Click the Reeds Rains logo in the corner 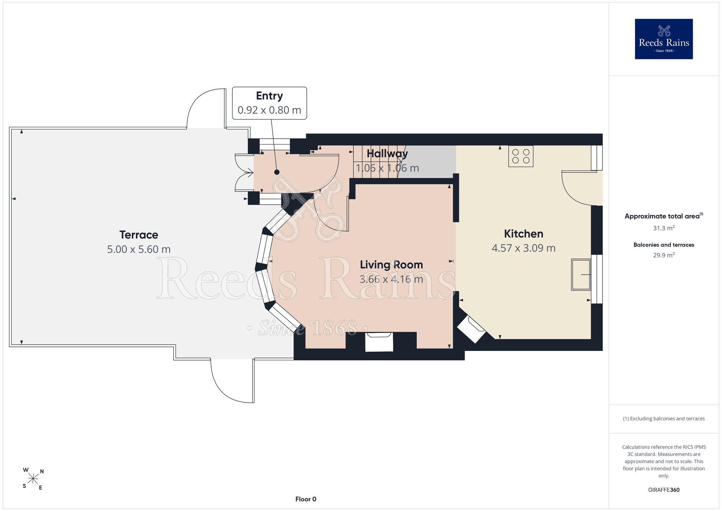pos(664,39)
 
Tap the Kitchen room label pos(523,234)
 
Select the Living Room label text pos(391,265)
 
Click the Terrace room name pos(139,235)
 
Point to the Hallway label pos(387,154)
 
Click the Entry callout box pos(269,103)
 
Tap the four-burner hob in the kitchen pos(521,156)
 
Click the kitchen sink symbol pos(581,275)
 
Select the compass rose pos(33,479)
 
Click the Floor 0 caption pos(306,499)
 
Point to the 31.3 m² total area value pos(664,228)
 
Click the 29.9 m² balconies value pos(664,255)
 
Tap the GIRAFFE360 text pos(664,490)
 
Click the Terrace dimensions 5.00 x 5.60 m pos(139,249)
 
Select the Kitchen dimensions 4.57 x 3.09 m pos(523,248)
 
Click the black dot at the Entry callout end pos(277,172)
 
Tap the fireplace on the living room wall pos(379,342)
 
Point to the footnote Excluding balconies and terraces pos(664,418)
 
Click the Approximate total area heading pos(664,216)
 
